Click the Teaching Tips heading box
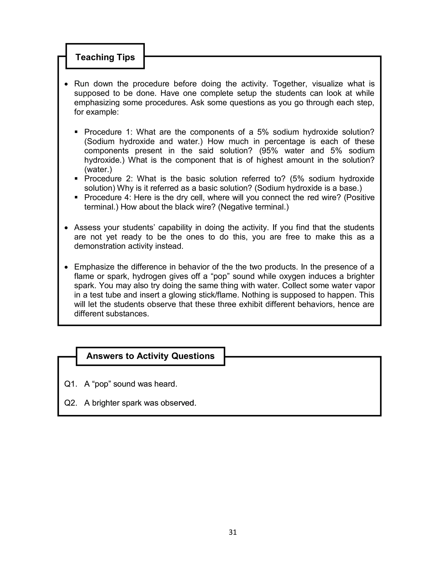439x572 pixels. click(105, 57)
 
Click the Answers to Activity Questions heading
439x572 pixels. click(150, 356)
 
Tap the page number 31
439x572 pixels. click(233, 532)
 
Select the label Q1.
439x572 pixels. click(71, 384)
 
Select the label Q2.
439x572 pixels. click(71, 403)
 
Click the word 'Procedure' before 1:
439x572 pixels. click(103, 132)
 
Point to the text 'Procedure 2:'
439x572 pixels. click(108, 179)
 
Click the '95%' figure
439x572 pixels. click(268, 151)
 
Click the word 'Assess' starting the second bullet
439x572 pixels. click(87, 228)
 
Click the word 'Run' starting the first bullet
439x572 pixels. click(81, 84)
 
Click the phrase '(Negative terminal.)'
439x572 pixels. click(253, 207)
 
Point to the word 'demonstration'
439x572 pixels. click(99, 246)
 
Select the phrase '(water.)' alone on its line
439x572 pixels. click(98, 170)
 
